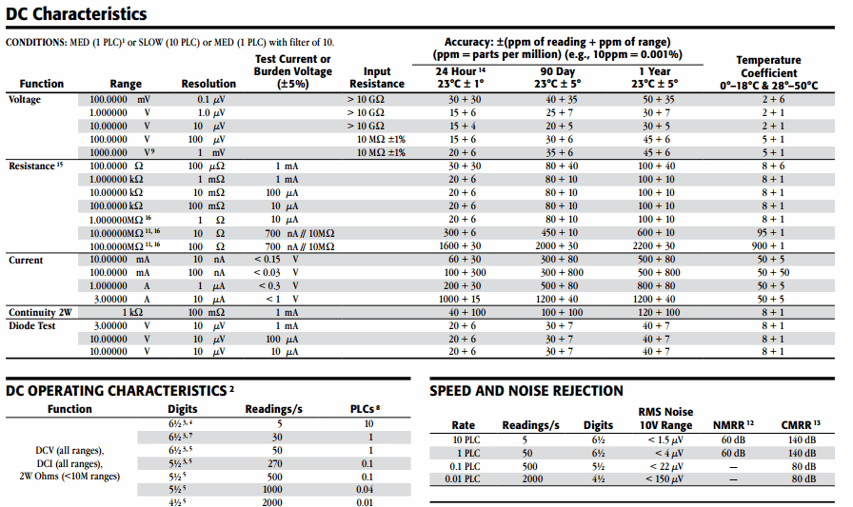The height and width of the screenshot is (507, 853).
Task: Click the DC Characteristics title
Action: tap(76, 14)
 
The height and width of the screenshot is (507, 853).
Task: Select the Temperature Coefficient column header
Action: tap(768, 72)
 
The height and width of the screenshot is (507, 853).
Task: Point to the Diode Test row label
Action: tap(33, 325)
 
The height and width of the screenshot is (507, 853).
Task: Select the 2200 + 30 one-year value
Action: tap(656, 246)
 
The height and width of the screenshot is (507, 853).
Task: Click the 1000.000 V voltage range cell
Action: tap(120, 152)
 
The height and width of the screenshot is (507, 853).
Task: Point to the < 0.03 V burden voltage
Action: tap(276, 272)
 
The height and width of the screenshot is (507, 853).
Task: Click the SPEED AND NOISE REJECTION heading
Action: tap(526, 390)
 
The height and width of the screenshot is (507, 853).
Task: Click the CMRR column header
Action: tap(800, 425)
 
